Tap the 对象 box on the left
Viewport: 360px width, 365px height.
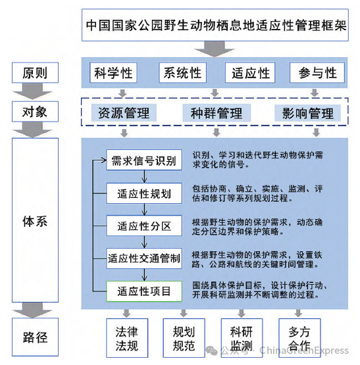coord(35,111)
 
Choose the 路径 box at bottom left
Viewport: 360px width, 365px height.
coord(35,337)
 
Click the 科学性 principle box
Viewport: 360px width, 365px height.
coord(115,73)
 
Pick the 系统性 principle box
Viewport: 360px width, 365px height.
coord(182,73)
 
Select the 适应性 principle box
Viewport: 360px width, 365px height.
coord(251,73)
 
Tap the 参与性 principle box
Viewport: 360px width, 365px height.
coord(317,73)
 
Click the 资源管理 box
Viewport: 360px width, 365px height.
coord(123,113)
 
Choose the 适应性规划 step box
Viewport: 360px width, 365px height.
coord(143,193)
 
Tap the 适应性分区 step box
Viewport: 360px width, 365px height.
coord(143,226)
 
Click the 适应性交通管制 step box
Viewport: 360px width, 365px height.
coord(143,258)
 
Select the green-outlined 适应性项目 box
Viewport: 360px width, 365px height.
coord(143,291)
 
